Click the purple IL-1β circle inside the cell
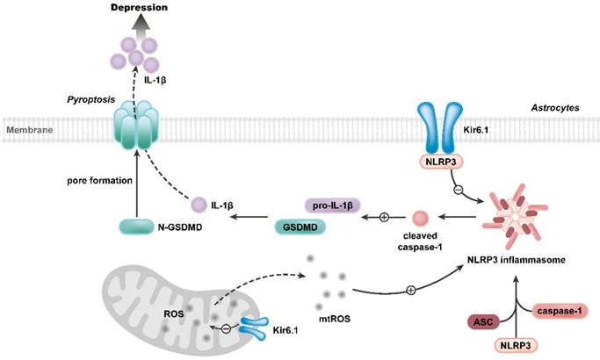click(199, 204)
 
